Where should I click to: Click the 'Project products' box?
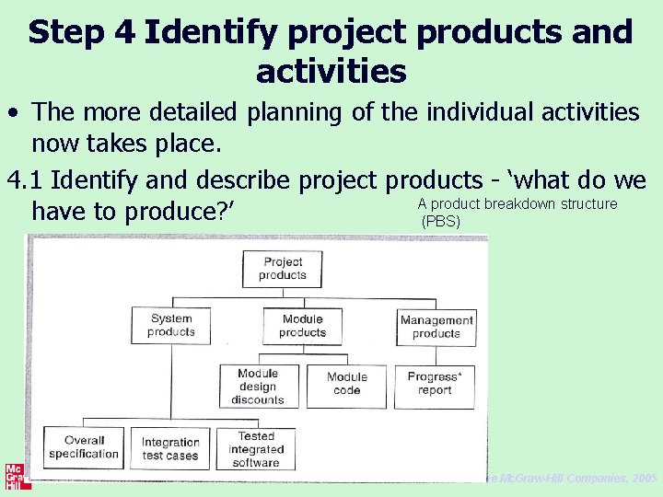point(282,269)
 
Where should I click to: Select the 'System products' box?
point(170,325)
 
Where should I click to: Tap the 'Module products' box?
point(302,325)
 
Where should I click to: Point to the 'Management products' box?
point(436,326)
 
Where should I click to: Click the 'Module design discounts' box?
point(258,387)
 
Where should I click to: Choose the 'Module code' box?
point(346,384)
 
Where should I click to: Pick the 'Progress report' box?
point(435,384)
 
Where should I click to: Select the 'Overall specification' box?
point(84,447)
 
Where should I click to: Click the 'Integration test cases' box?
point(170,448)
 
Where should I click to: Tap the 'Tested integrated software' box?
point(256,449)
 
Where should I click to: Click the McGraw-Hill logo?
point(15,475)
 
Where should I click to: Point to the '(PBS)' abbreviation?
point(440,222)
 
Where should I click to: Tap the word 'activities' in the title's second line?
point(331,70)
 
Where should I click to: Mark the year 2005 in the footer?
point(646,479)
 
